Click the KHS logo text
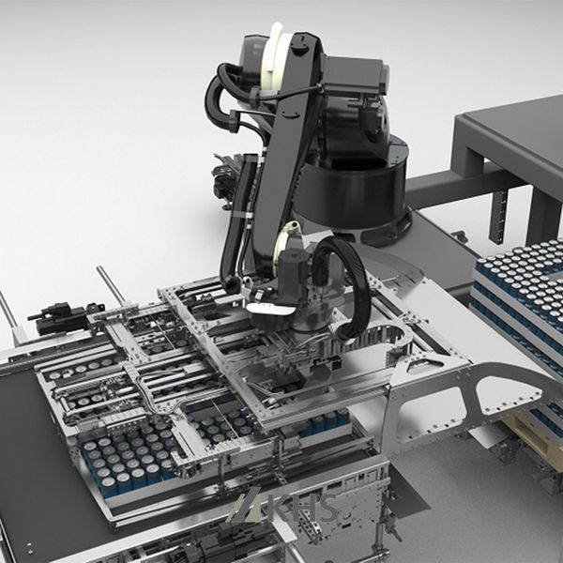click(x=301, y=508)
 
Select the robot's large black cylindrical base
click(x=354, y=193)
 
